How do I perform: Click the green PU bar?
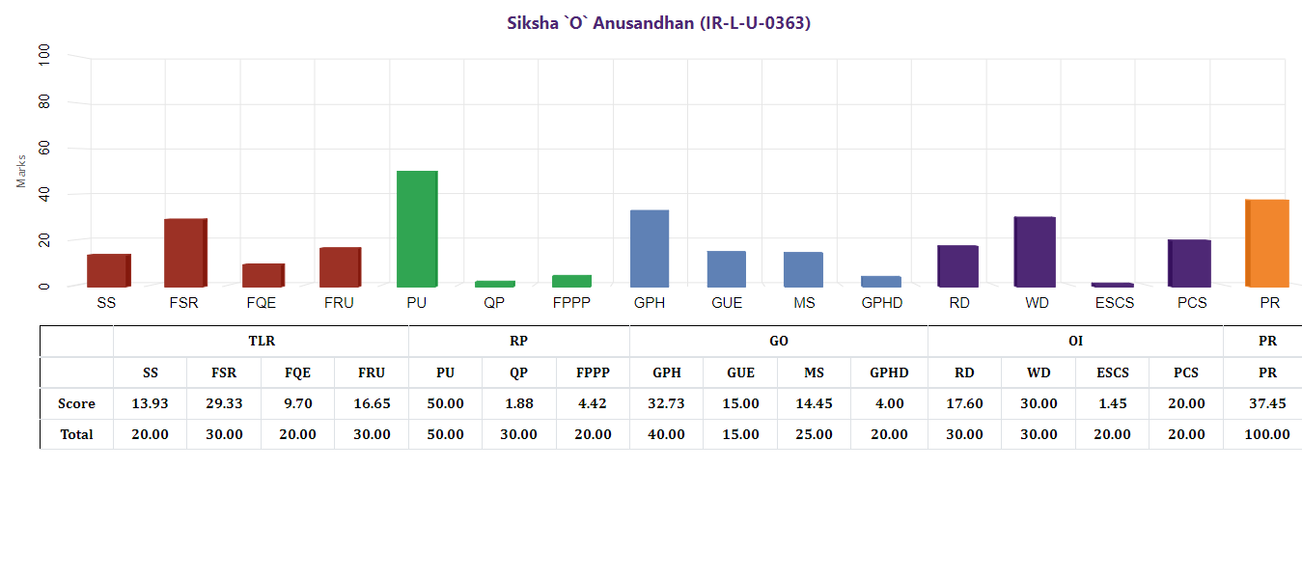417,229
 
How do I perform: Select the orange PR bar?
1267,243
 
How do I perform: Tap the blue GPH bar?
650,248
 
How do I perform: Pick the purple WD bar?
1035,252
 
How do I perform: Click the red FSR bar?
185,253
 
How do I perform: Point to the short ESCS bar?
1112,285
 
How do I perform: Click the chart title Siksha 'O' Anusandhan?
659,22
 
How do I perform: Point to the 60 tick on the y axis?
44,149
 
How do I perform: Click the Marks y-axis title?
21,171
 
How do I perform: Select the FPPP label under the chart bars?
571,303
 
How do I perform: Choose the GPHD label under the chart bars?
881,303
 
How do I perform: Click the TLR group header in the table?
261,341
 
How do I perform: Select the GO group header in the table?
778,341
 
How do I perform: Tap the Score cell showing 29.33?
224,403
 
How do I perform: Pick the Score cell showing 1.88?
518,403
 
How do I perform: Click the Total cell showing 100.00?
1267,434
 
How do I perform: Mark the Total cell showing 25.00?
814,434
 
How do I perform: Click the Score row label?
76,403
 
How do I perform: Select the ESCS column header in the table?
1112,372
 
